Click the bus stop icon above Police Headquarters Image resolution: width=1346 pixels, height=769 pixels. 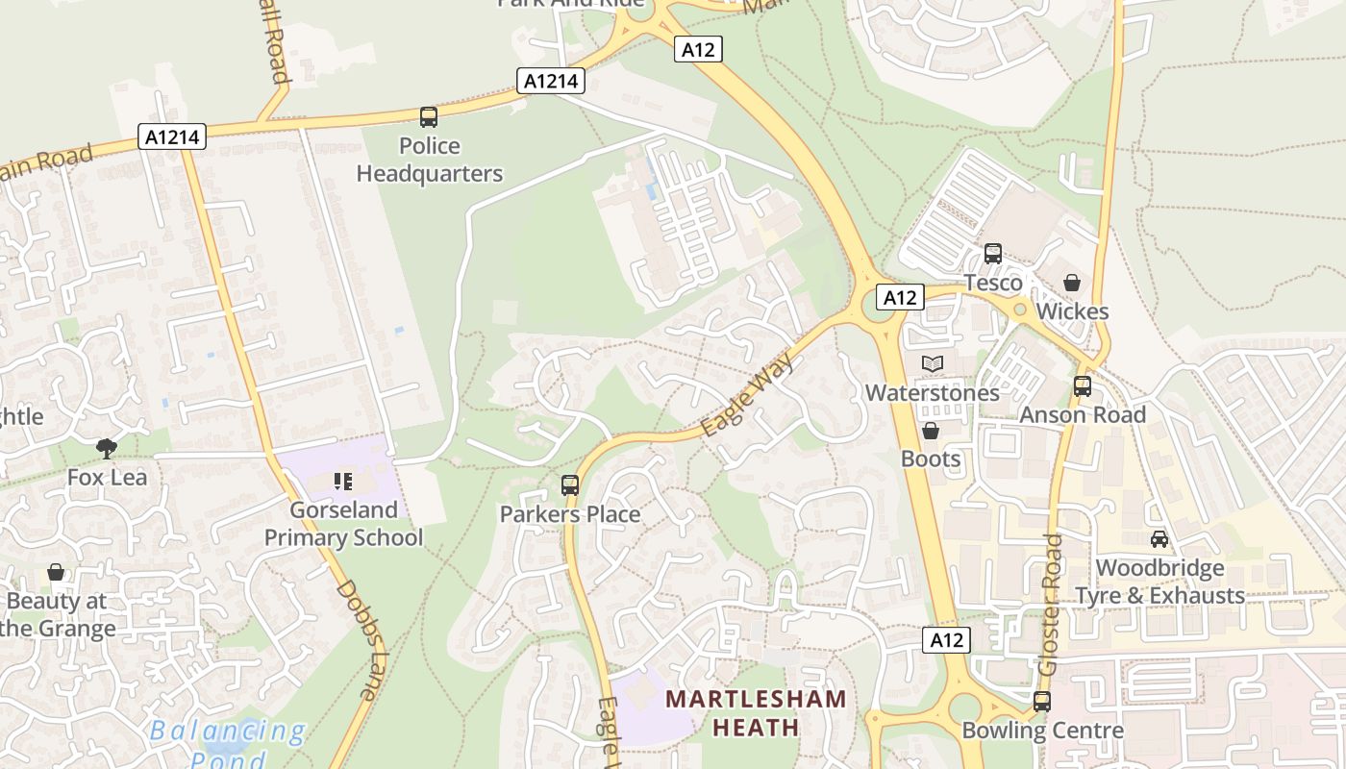point(429,117)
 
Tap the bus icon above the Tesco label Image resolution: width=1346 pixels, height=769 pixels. point(993,254)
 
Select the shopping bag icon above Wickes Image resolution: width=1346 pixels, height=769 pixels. point(1072,283)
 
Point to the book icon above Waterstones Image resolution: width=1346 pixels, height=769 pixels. point(933,363)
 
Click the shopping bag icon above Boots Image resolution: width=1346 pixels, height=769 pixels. point(931,431)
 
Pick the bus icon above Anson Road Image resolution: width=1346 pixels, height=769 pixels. point(1083,386)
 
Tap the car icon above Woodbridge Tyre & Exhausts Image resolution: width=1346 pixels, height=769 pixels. point(1159,539)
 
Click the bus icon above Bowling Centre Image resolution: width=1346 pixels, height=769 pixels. point(1042,702)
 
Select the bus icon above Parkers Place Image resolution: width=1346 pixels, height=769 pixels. point(570,485)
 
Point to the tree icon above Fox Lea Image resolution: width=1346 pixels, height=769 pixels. point(107,448)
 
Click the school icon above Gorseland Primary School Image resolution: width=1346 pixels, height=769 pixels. point(343,481)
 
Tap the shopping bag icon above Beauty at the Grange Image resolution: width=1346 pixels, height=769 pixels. point(57,573)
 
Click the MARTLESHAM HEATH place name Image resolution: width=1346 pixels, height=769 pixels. point(756,712)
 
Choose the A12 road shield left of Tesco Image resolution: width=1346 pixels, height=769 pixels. point(900,298)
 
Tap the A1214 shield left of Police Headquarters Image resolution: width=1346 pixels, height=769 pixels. point(173,137)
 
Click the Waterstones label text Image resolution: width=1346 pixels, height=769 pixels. point(933,393)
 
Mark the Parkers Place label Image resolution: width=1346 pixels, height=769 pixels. point(570,514)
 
